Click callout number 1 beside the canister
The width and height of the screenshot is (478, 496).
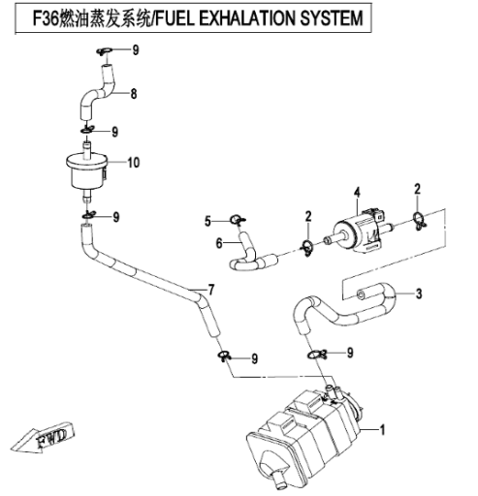coord(382,430)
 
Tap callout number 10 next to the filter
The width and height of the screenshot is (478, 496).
coord(134,163)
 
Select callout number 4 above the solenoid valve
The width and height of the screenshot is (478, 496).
coord(357,193)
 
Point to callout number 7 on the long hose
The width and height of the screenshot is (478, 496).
coord(211,290)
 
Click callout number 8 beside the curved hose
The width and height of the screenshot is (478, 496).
coord(134,94)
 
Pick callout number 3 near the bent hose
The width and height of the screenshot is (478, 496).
coord(419,294)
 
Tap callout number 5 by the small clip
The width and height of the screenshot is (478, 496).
coord(207,222)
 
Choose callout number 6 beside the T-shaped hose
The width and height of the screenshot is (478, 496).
coord(219,243)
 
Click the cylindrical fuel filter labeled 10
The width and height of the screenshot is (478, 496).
coord(86,171)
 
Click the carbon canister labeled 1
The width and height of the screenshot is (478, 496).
coord(303,439)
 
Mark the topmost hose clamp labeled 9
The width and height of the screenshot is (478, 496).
coord(104,51)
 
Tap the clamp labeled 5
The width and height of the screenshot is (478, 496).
coord(238,221)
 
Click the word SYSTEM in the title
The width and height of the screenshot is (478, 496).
coord(332,18)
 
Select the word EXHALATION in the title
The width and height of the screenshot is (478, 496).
coord(247,18)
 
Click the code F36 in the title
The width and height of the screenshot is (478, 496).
coord(47,18)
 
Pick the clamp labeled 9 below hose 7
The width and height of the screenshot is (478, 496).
coord(224,356)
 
